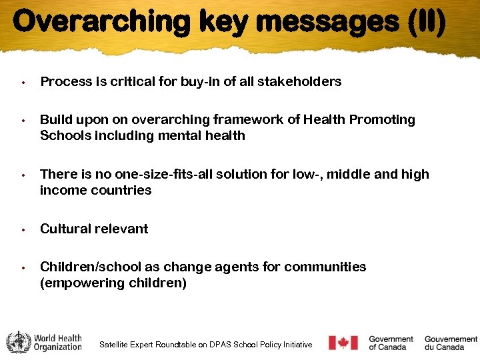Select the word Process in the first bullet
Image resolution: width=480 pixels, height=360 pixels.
pos(64,81)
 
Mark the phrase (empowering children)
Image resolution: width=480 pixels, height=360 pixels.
pos(113,283)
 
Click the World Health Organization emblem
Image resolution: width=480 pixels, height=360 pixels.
pos(18,342)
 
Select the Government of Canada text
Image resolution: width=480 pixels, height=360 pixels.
pos(391,343)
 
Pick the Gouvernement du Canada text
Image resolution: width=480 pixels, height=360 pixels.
pos(451,343)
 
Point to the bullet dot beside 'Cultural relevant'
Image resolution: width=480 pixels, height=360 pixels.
pos(23,229)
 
